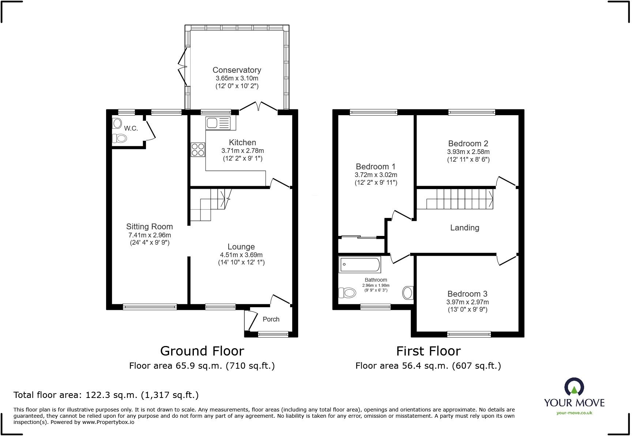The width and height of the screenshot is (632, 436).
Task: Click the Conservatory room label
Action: click(x=237, y=70)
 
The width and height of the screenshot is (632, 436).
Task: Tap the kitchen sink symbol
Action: click(x=218, y=123)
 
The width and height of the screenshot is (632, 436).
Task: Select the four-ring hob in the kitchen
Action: click(x=198, y=150)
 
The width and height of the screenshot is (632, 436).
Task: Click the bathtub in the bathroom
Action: click(x=360, y=264)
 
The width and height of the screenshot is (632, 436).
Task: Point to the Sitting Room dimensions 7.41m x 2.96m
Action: click(x=150, y=235)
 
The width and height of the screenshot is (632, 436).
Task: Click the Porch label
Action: click(x=271, y=319)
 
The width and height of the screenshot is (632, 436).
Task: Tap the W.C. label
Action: click(x=131, y=128)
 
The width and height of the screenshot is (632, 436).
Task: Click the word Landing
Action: click(x=464, y=228)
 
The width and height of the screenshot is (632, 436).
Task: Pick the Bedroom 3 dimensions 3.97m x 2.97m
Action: click(x=467, y=302)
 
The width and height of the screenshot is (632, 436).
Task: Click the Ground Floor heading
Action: click(x=202, y=351)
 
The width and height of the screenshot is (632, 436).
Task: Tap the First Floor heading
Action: click(x=428, y=351)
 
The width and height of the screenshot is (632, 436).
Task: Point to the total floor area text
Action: click(x=106, y=395)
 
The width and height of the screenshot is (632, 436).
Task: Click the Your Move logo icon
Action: click(x=574, y=387)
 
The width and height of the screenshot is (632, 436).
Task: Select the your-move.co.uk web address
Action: click(x=574, y=413)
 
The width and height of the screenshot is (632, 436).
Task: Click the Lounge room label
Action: click(x=241, y=247)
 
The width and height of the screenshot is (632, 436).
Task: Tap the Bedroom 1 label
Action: click(x=376, y=167)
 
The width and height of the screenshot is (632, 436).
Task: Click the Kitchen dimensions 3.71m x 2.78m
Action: click(x=242, y=151)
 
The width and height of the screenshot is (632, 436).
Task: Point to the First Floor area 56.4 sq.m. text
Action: click(x=428, y=365)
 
